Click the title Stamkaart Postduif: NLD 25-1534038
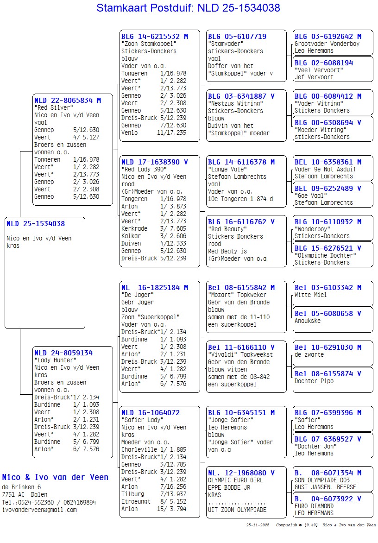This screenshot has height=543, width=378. (x=188, y=8)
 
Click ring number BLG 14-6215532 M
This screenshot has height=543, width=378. (x=155, y=36)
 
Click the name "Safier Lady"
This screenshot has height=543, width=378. (x=141, y=420)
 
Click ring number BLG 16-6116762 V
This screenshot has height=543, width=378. (x=241, y=222)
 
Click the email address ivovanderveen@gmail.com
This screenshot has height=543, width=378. (x=39, y=510)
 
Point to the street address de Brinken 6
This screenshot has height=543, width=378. (x=21, y=487)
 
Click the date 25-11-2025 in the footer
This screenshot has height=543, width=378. (x=258, y=525)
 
